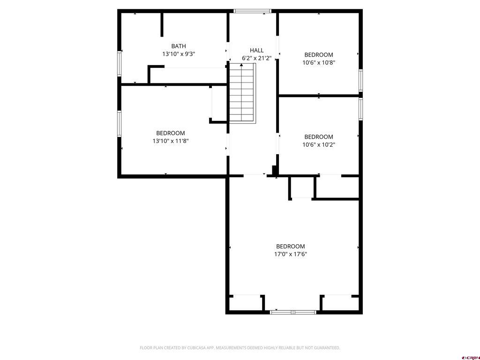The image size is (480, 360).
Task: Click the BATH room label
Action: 179,46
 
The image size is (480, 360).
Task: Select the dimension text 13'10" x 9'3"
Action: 179,54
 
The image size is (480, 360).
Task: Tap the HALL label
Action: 256,51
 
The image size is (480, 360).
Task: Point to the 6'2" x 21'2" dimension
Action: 256,58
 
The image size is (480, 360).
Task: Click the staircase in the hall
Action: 242,93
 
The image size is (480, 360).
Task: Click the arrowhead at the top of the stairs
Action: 241,65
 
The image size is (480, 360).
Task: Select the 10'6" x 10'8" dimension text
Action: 319,63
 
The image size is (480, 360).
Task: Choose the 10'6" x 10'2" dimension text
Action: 319,145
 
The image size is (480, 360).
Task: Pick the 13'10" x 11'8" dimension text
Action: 171,141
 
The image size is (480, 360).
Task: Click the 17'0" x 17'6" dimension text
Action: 291,254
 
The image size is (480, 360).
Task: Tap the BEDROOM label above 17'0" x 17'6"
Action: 291,247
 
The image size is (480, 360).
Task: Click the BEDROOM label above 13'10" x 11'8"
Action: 171,133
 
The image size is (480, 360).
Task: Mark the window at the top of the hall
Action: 252,11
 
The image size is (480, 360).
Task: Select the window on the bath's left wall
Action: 120,64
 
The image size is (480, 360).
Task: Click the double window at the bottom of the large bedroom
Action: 293,312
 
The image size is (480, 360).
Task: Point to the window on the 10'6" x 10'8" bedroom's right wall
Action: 360,80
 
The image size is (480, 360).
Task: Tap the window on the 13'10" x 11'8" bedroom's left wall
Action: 120,124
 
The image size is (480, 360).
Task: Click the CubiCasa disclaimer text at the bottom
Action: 240,348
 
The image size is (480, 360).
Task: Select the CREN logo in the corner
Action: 471,358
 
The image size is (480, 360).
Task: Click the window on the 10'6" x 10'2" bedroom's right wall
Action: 360,109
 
